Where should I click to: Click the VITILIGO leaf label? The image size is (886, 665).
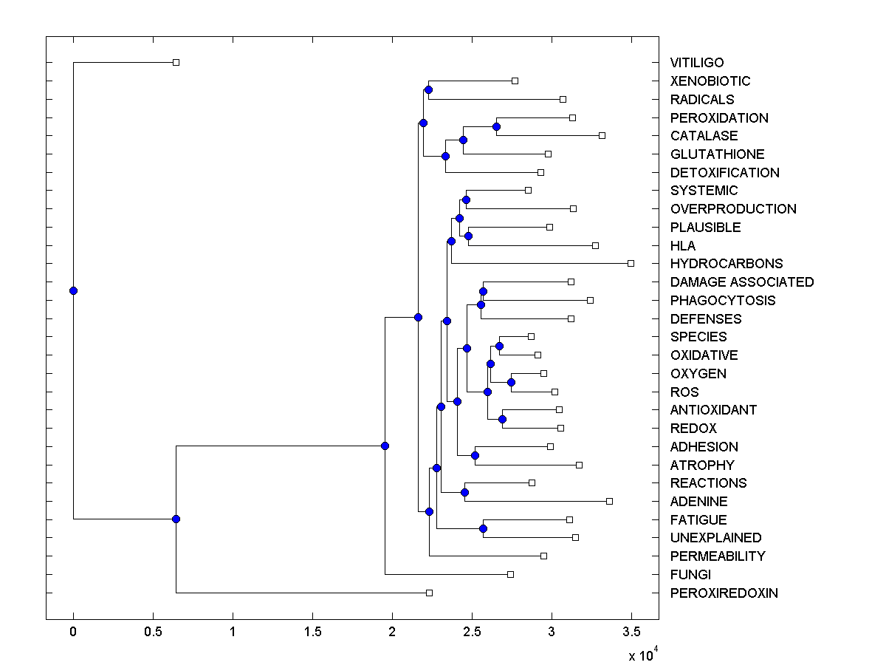coord(696,63)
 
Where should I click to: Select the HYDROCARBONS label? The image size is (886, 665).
coord(726,264)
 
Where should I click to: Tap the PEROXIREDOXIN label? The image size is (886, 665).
coord(724,593)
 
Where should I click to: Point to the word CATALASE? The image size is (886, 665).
coord(704,136)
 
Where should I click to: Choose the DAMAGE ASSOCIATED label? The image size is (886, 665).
coord(741,282)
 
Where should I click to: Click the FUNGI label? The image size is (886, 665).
coord(690,575)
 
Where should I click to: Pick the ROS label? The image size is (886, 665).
coord(684,392)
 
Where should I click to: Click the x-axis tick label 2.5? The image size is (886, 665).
coord(472,632)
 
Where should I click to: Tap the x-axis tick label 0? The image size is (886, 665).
coord(73,632)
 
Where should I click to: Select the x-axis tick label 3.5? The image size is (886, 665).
coord(631,632)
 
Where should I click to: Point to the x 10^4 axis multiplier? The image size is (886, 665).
coord(639,655)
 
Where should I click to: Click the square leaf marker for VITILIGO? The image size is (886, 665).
coord(176,63)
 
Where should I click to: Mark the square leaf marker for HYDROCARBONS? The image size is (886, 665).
coord(631,263)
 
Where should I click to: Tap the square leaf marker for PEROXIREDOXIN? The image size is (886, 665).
coord(429,593)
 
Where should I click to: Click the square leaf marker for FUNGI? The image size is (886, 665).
coord(510,574)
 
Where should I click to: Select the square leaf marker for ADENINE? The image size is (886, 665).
coord(609,501)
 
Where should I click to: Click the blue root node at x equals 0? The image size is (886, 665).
coord(73,290)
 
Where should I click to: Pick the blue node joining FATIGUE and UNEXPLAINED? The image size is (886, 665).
coord(483,528)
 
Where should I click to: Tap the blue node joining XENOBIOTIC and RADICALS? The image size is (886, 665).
coord(428,89)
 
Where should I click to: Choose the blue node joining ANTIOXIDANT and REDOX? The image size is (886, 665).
coord(502,419)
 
